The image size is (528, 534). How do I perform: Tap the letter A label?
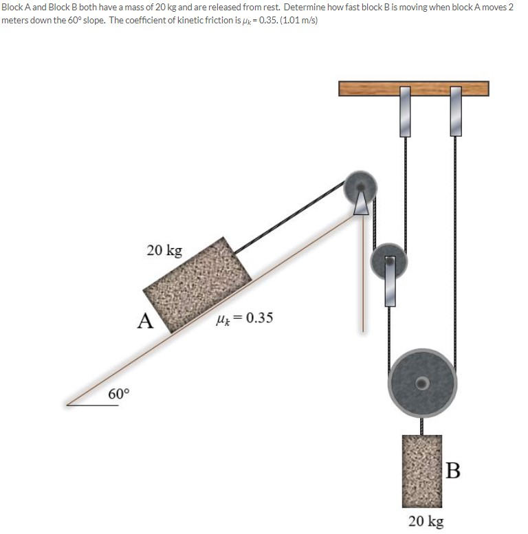click(x=144, y=321)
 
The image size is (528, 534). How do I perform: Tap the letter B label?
click(x=452, y=471)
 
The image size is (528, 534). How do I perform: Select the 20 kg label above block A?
click(x=164, y=249)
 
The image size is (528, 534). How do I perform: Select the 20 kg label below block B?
click(x=426, y=521)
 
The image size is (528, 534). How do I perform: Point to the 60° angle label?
click(x=118, y=394)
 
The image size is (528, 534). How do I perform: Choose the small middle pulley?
click(x=389, y=260)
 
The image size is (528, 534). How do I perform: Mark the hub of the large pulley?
click(x=423, y=382)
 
